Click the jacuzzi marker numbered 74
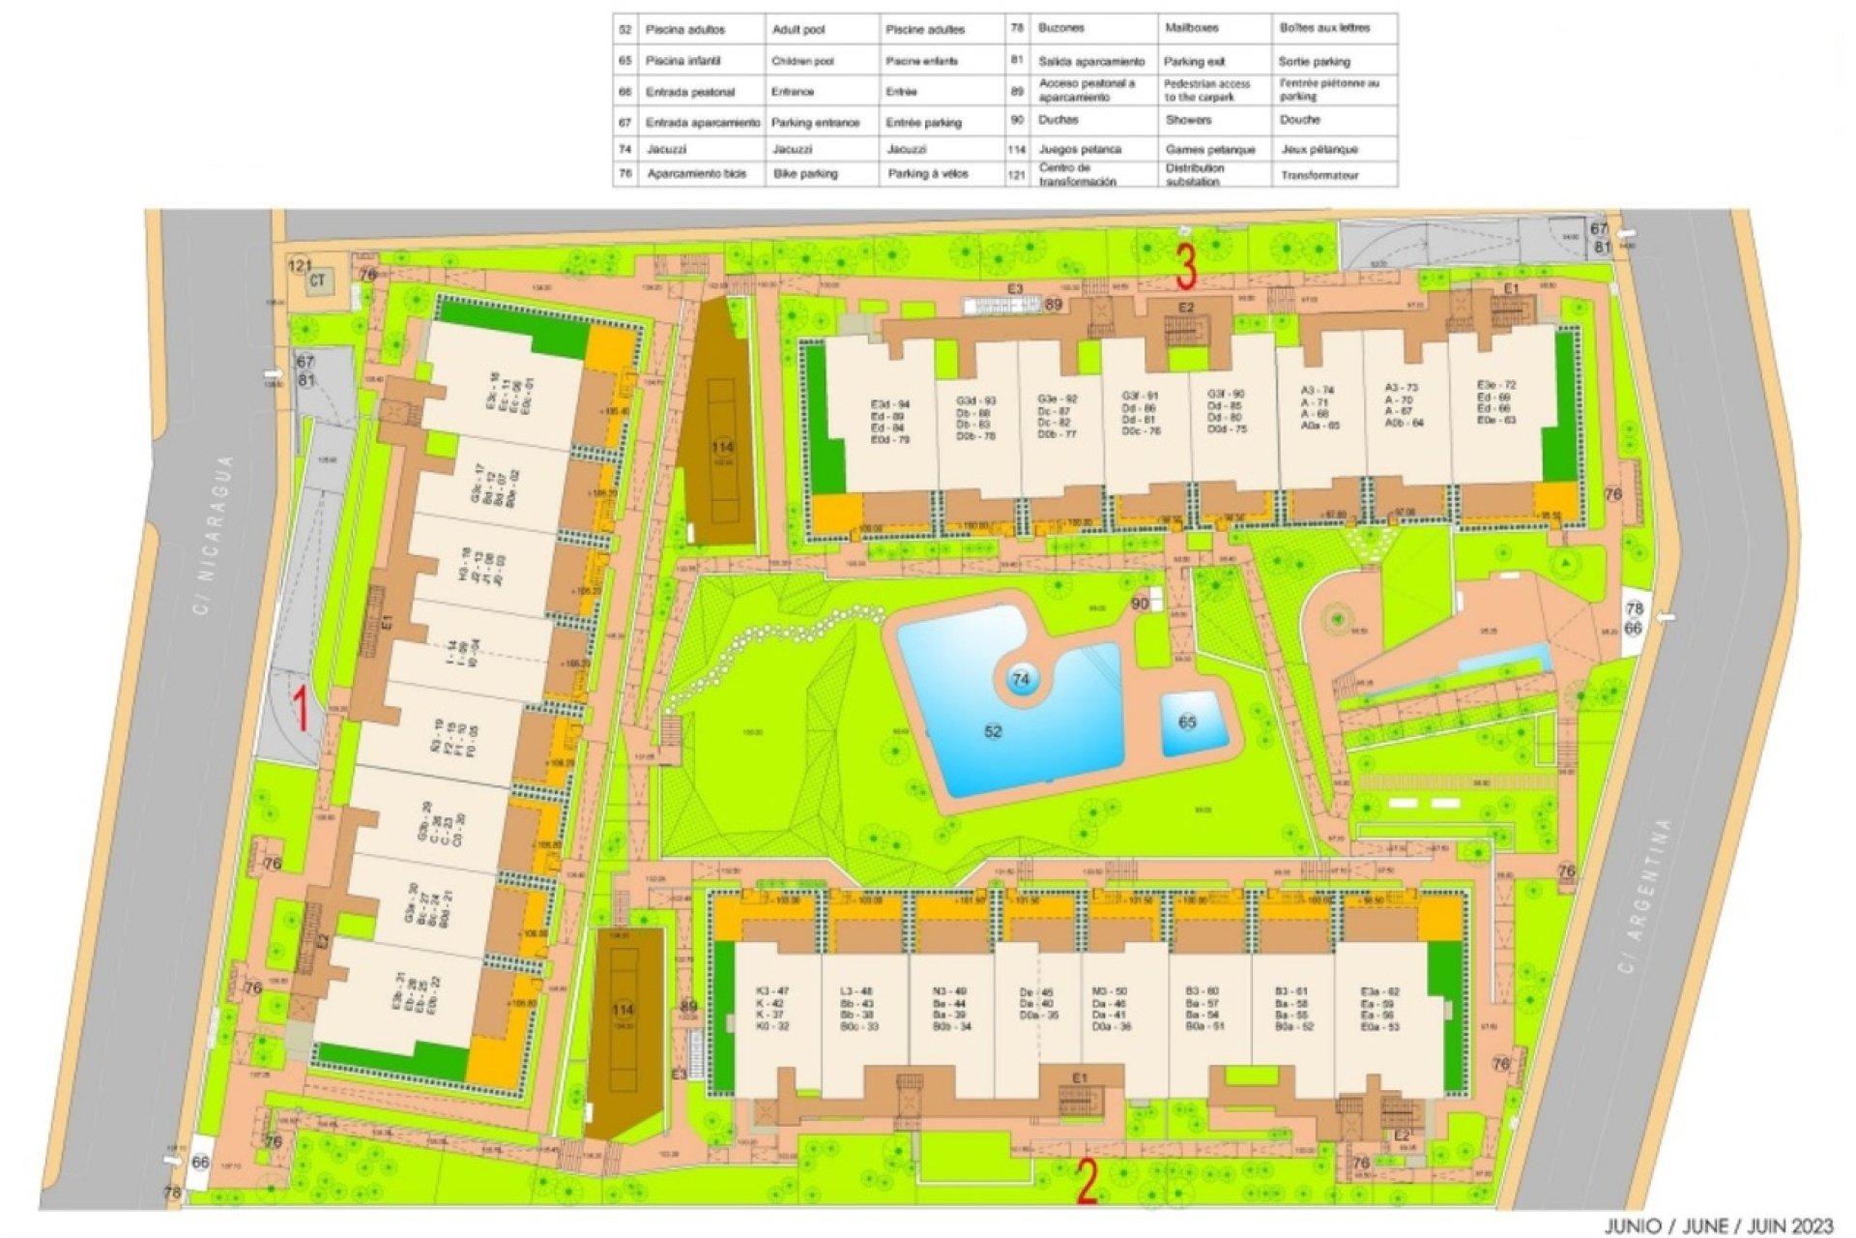pyautogui.click(x=1021, y=680)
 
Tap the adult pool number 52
pyautogui.click(x=993, y=732)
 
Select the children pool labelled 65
pyautogui.click(x=1187, y=722)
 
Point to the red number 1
pyautogui.click(x=302, y=708)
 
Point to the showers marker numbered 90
pyautogui.click(x=1140, y=604)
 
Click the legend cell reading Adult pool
pyautogui.click(x=798, y=30)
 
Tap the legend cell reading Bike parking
pyautogui.click(x=805, y=175)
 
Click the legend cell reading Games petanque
pyautogui.click(x=1209, y=150)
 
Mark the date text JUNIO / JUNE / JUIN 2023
pyautogui.click(x=1719, y=1226)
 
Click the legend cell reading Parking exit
pyautogui.click(x=1195, y=62)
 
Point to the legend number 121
pyautogui.click(x=1016, y=175)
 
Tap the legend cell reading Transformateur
pyautogui.click(x=1319, y=176)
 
